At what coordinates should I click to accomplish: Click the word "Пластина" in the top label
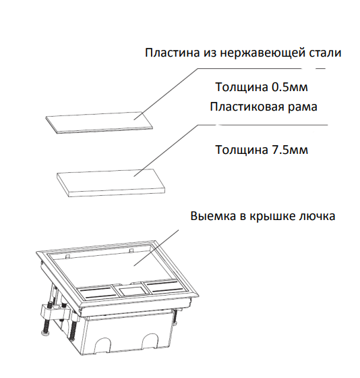pyautogui.click(x=173, y=53)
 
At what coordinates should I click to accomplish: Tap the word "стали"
pyautogui.click(x=325, y=53)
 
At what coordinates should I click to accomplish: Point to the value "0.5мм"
pyautogui.click(x=290, y=87)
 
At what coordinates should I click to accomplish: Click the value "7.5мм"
pyautogui.click(x=290, y=150)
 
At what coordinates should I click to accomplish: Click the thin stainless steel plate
pyautogui.click(x=99, y=122)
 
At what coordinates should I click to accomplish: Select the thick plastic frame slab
pyautogui.click(x=111, y=183)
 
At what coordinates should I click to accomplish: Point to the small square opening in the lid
pyautogui.click(x=131, y=290)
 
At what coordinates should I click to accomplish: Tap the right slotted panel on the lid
pyautogui.click(x=164, y=286)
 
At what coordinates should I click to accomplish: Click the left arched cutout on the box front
pyautogui.click(x=102, y=346)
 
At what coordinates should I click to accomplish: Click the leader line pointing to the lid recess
pyautogui.click(x=156, y=248)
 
